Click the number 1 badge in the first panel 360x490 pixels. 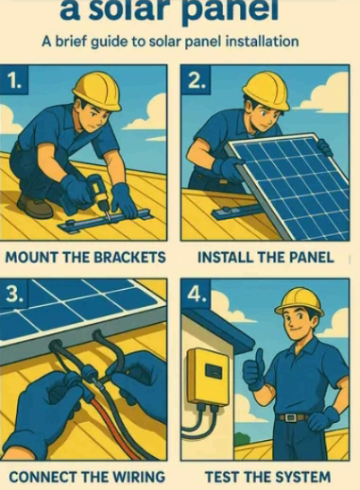[14, 81]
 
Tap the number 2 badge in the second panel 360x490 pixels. [196, 81]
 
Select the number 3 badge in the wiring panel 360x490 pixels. [14, 295]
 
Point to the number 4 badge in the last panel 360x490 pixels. [196, 295]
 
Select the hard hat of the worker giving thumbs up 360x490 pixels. [300, 302]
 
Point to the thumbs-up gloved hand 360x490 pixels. [255, 371]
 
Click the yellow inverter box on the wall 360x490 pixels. [209, 377]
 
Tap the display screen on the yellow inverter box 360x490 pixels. [214, 370]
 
